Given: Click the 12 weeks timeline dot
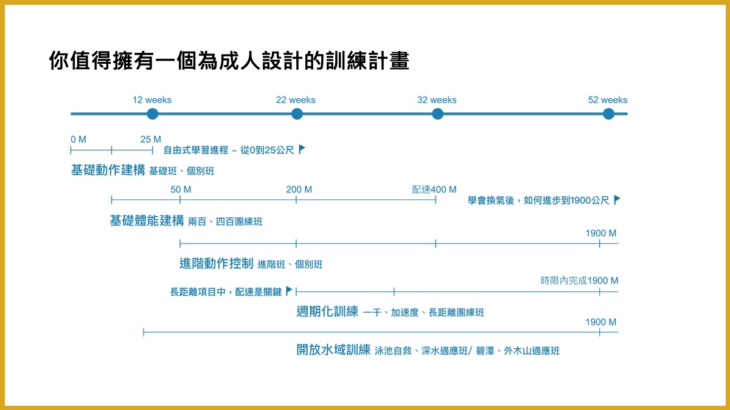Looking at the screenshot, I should (152, 114).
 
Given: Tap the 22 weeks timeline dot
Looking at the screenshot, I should (297, 114).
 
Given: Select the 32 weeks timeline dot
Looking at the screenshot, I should (437, 114).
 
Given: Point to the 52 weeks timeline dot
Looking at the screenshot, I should (608, 114).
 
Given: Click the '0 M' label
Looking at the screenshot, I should (78, 140).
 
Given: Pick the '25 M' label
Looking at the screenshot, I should (151, 140).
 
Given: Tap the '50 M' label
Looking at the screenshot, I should (181, 190).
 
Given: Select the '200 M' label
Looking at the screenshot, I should (299, 190).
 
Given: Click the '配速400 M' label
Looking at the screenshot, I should (434, 190).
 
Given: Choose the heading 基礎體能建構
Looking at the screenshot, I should (147, 221).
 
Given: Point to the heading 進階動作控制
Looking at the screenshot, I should (216, 264).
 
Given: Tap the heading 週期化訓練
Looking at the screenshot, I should (327, 312).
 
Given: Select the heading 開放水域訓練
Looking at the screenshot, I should (333, 350).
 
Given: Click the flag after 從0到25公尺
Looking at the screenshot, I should (302, 149).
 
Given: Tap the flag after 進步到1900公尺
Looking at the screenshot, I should (617, 199).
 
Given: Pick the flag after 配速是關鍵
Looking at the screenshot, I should (289, 291).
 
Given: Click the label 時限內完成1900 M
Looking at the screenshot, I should (579, 281).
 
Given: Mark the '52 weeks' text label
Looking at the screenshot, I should (607, 100).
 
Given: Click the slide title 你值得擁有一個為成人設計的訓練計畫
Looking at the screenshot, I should (229, 61).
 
